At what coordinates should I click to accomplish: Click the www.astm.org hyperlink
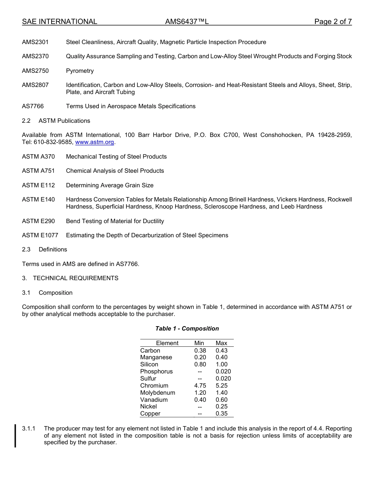pyautogui.click(x=94, y=142)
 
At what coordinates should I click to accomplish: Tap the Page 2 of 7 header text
pyautogui.click(x=333, y=22)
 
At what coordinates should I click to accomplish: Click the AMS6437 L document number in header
pyautogui.click(x=187, y=22)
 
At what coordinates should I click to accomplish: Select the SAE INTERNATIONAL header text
pyautogui.click(x=59, y=22)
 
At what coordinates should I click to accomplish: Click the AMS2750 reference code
pyautogui.click(x=35, y=71)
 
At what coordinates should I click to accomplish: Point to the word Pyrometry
pyautogui.click(x=80, y=71)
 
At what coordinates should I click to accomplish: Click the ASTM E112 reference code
pyautogui.click(x=39, y=185)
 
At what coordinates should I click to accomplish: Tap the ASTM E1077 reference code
pyautogui.click(x=40, y=235)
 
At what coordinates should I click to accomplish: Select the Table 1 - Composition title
pyautogui.click(x=187, y=329)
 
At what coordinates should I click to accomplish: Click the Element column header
pyautogui.click(x=167, y=343)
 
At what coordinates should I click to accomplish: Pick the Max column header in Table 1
pyautogui.click(x=221, y=343)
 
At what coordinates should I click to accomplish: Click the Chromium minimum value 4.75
pyautogui.click(x=200, y=386)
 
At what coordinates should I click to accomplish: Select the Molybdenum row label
pyautogui.click(x=157, y=393)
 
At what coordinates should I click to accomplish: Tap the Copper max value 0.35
pyautogui.click(x=221, y=414)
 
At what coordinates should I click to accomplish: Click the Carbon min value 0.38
pyautogui.click(x=200, y=351)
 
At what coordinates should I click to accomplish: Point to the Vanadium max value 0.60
pyautogui.click(x=221, y=400)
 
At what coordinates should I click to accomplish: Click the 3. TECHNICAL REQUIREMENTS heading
pyautogui.click(x=70, y=278)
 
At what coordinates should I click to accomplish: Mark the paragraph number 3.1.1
pyautogui.click(x=29, y=429)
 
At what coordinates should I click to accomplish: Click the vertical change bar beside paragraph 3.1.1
pyautogui.click(x=15, y=436)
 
